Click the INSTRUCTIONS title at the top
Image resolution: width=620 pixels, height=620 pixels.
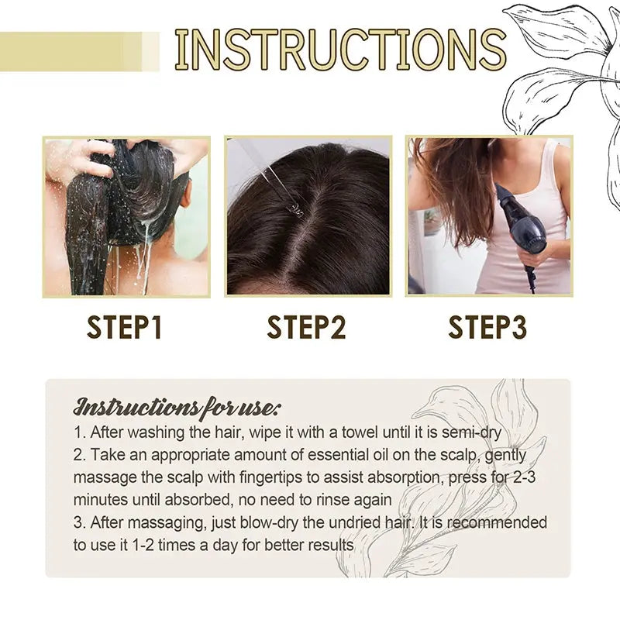pos(340,50)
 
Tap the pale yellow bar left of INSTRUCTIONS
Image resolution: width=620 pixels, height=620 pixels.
pos(77,51)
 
